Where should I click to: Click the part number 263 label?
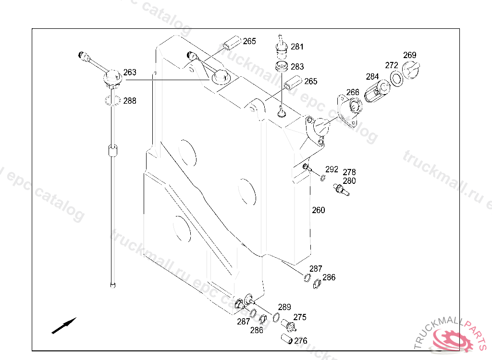pyautogui.click(x=130, y=72)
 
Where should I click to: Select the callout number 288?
pyautogui.click(x=130, y=101)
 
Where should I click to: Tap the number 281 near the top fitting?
pyautogui.click(x=297, y=47)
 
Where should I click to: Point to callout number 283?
pyautogui.click(x=297, y=67)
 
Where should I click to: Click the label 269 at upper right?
pyautogui.click(x=409, y=55)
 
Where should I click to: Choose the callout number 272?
pyautogui.click(x=392, y=65)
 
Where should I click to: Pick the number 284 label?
pyautogui.click(x=372, y=76)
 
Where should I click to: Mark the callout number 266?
pyautogui.click(x=353, y=92)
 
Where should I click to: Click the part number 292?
pyautogui.click(x=332, y=169)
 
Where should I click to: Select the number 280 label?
pyautogui.click(x=349, y=181)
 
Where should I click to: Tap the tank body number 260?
pyautogui.click(x=318, y=210)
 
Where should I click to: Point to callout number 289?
pyautogui.click(x=284, y=307)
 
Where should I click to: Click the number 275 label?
pyautogui.click(x=300, y=317)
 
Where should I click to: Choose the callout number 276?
pyautogui.click(x=301, y=341)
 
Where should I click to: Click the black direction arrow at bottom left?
pyautogui.click(x=64, y=325)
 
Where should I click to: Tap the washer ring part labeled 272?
pyautogui.click(x=397, y=78)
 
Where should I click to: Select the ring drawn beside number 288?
pyautogui.click(x=112, y=100)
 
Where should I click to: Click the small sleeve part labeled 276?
pyautogui.click(x=287, y=339)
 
